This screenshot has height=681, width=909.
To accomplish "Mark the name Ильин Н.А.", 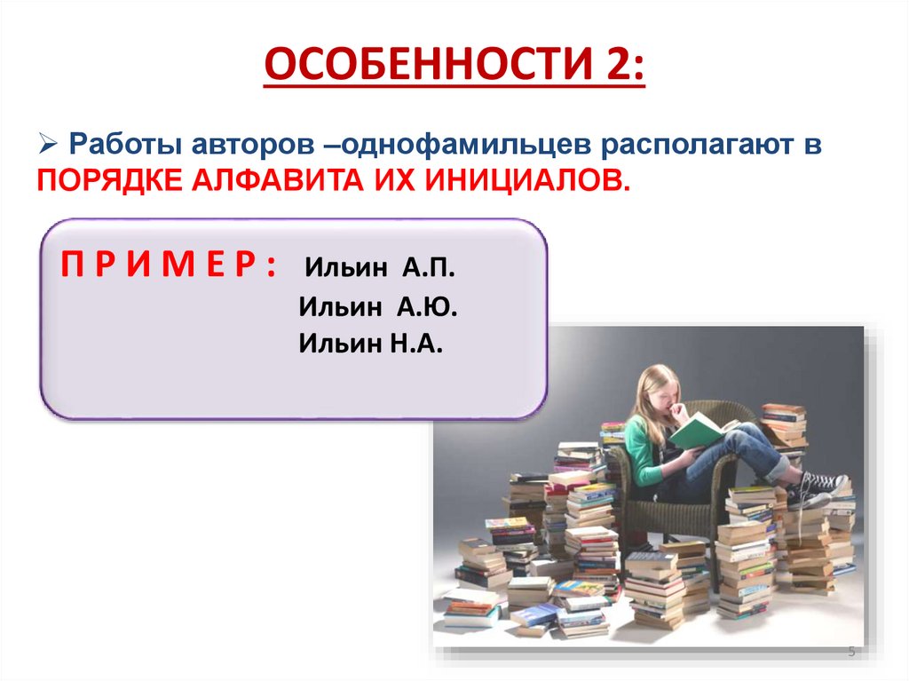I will click(370, 344).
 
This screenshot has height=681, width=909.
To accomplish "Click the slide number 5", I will click(851, 653).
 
